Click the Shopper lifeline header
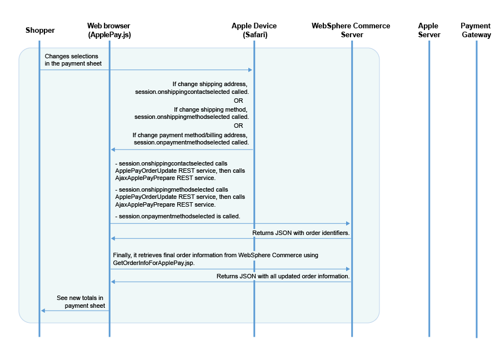point(40,31)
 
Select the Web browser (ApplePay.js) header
point(109,31)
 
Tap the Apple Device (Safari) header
point(254,31)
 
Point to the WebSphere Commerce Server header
point(351,31)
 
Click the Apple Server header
point(429,31)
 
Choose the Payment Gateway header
point(476,31)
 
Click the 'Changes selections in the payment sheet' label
point(73,60)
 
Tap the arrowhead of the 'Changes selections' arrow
point(251,70)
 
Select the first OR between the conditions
point(238,101)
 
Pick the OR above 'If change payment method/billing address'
point(238,126)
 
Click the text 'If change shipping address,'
point(210,84)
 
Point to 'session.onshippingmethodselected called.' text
point(192,117)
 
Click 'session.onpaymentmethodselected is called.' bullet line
point(178,216)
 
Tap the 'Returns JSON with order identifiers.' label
point(301,233)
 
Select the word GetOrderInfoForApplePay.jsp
point(154,263)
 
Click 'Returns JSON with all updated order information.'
point(283,277)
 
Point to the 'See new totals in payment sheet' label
point(81,302)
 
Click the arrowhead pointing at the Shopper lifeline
point(43,311)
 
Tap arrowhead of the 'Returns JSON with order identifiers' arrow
point(113,238)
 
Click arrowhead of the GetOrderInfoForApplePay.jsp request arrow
point(348,269)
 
